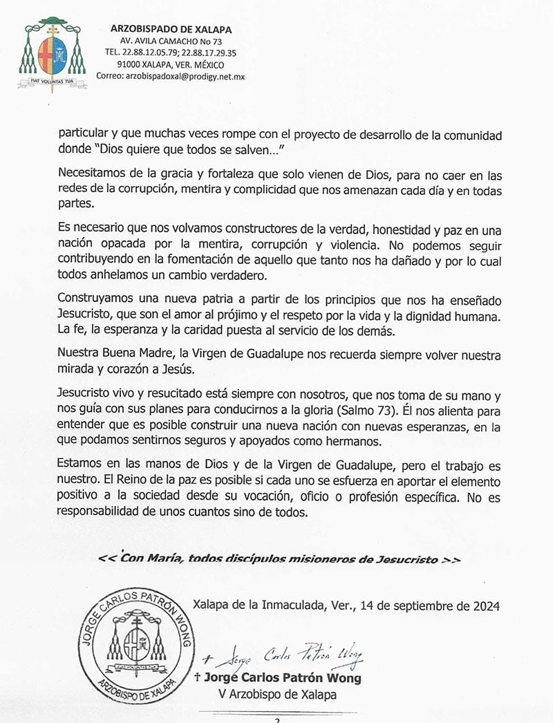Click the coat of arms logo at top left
[53, 55]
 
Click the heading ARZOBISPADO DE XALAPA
[171, 29]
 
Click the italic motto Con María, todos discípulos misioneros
[279, 558]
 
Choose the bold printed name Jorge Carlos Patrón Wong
[283, 677]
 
